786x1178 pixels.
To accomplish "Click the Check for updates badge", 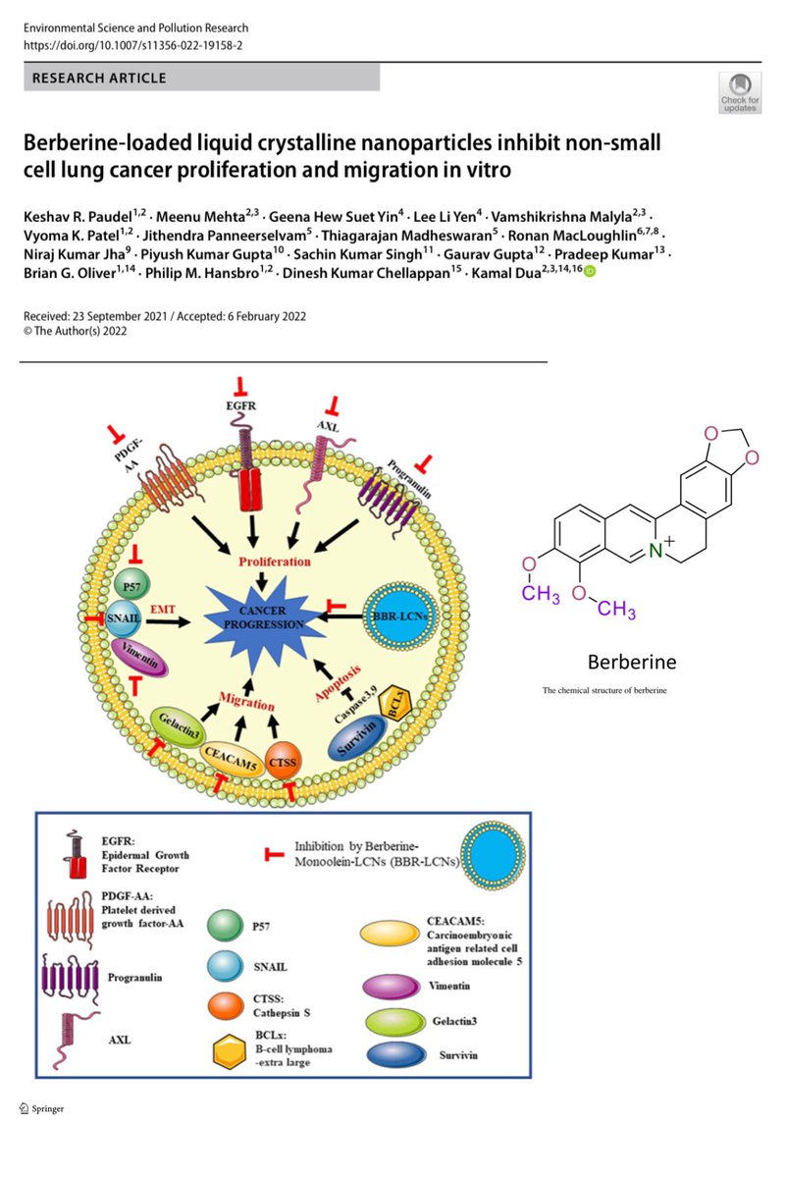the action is pos(740,92).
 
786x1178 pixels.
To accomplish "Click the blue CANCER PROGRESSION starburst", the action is pos(262,619).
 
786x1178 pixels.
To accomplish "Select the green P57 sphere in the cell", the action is pos(131,585).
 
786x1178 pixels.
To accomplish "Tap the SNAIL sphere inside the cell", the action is pos(124,617).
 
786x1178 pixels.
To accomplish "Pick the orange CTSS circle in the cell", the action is pos(283,761).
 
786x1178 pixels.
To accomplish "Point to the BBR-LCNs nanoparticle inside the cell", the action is pos(400,616).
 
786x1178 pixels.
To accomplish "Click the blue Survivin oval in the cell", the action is pos(357,737).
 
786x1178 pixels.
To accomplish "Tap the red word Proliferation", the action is pos(275,562).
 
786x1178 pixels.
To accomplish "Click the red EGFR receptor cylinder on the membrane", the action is pos(251,489).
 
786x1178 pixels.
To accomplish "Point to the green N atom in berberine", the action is pos(655,551).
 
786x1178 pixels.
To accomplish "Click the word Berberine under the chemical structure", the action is pos(632,662).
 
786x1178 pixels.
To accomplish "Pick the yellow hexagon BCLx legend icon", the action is pos(230,1049).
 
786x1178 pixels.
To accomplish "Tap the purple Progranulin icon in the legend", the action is pos(70,977).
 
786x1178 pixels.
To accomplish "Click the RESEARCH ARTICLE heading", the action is pos(99,79).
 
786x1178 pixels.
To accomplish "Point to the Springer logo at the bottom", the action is pos(41,1108).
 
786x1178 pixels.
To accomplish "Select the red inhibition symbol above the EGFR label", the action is pos(240,387).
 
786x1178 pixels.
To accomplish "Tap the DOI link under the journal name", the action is pos(133,46).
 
